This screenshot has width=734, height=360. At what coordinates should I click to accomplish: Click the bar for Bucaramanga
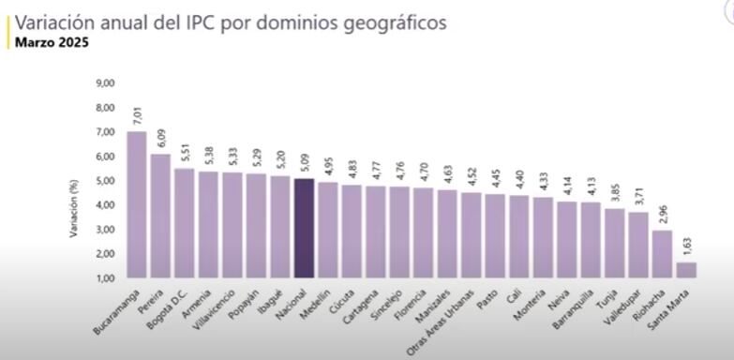[136, 204]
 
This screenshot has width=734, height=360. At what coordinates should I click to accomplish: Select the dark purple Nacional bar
[304, 228]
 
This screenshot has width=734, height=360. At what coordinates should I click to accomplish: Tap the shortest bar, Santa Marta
[687, 270]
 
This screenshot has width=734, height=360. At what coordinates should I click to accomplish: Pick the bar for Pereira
[160, 216]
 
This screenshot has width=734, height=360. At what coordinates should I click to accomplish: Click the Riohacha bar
[663, 254]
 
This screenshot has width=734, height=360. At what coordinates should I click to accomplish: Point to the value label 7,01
[137, 116]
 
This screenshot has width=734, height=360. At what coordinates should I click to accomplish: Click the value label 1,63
[687, 247]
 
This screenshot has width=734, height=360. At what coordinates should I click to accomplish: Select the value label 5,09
[304, 163]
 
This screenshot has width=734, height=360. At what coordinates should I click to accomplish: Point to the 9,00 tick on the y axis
[105, 83]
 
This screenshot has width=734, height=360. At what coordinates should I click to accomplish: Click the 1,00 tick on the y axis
[105, 278]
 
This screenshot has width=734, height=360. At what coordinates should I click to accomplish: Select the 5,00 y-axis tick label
[105, 181]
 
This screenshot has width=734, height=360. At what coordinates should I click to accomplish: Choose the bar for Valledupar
[638, 245]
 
